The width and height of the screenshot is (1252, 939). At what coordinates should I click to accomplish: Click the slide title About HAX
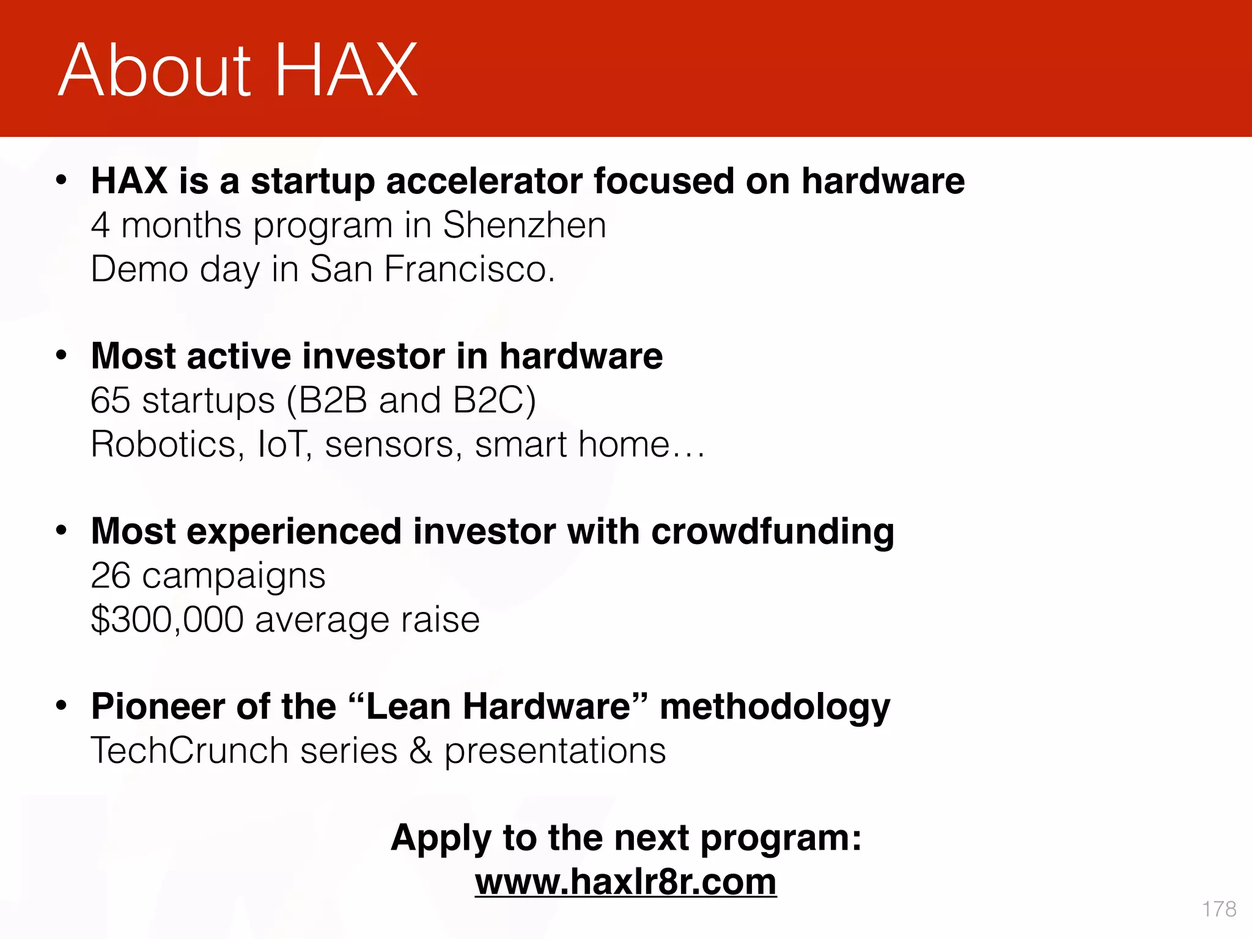(x=238, y=70)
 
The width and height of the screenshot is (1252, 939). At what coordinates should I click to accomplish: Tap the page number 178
(x=1218, y=909)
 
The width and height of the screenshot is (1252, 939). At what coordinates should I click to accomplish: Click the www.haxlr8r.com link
(x=625, y=882)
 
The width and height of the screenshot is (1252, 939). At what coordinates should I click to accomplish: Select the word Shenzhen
(x=524, y=225)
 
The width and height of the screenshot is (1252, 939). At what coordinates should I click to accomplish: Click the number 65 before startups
(x=110, y=400)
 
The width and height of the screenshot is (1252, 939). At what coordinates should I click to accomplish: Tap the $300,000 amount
(x=167, y=619)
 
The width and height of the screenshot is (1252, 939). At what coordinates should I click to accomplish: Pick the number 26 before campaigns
(x=110, y=576)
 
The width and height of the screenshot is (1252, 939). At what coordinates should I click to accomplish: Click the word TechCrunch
(x=190, y=751)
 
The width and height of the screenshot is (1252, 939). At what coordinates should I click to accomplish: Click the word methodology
(x=775, y=707)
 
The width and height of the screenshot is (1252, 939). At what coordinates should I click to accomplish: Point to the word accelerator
(x=484, y=181)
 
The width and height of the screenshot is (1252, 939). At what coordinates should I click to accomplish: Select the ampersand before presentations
(x=421, y=751)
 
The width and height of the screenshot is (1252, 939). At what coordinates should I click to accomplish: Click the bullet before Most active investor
(x=61, y=355)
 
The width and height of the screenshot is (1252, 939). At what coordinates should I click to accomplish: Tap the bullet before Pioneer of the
(x=61, y=705)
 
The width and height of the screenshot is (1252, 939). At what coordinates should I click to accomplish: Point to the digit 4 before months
(x=100, y=225)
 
